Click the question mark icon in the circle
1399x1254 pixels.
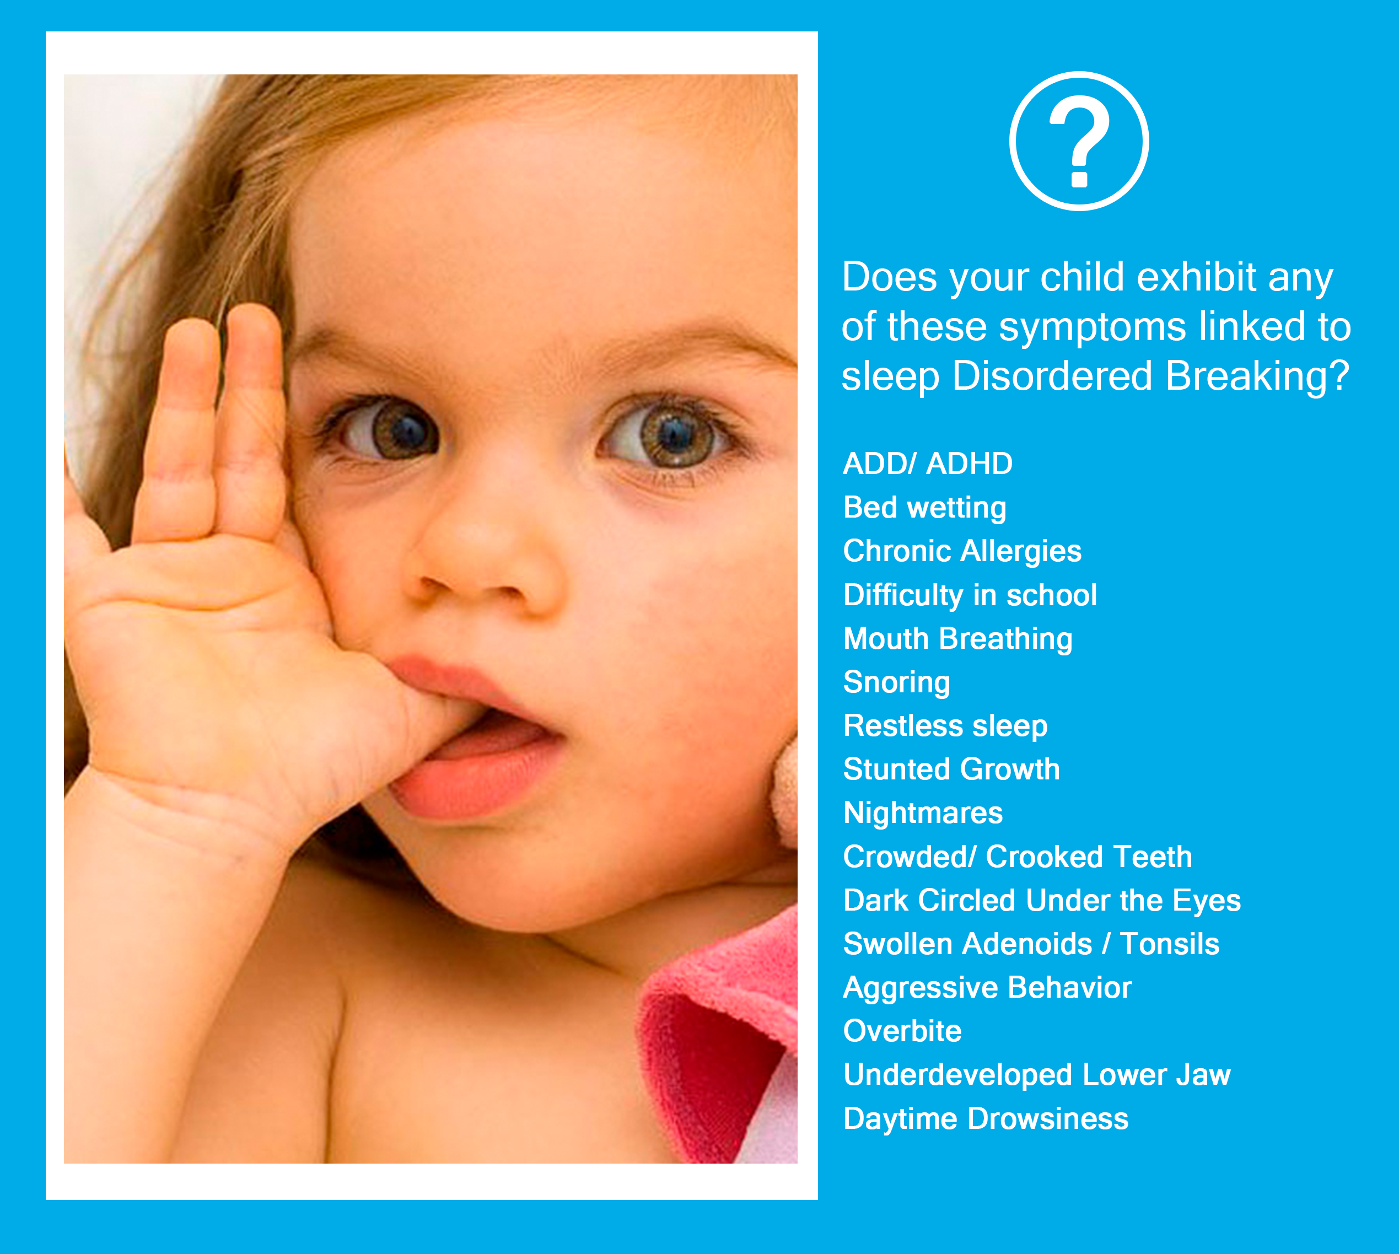click(1079, 141)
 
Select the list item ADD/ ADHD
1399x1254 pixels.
click(928, 464)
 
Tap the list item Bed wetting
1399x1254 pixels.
click(925, 508)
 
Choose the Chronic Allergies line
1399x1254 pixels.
click(962, 551)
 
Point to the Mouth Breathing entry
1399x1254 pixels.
click(958, 639)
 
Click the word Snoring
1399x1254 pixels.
click(897, 682)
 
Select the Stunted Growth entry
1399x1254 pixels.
click(951, 769)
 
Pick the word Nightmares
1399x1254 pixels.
click(923, 813)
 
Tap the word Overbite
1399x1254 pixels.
click(902, 1031)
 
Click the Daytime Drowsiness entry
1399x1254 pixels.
click(986, 1118)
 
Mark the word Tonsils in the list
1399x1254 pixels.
click(1170, 944)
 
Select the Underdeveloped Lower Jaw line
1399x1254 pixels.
click(1036, 1075)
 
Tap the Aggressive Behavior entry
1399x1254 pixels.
click(987, 987)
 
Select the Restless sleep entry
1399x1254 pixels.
click(945, 725)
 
